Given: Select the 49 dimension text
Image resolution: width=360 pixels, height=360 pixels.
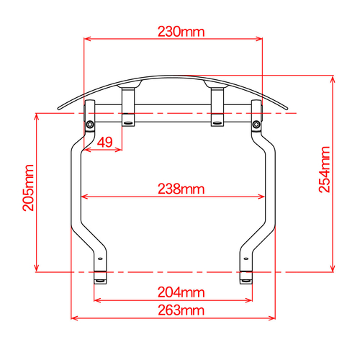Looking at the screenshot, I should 104,143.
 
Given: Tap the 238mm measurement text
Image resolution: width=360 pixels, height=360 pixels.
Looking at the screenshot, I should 181,189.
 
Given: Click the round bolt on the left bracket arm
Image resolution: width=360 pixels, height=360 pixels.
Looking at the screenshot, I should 89,126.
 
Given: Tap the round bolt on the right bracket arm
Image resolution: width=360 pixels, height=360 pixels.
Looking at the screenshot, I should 256,126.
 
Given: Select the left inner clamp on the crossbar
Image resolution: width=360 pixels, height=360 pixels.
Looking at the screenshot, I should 128,107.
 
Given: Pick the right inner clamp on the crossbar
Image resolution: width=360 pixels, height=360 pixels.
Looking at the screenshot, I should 217,107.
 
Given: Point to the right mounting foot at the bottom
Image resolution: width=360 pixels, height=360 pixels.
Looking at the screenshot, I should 246,276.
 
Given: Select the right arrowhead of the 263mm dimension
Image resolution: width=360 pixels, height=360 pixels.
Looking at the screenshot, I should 274,317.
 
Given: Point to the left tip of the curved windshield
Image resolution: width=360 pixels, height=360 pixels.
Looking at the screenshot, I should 58,109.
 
